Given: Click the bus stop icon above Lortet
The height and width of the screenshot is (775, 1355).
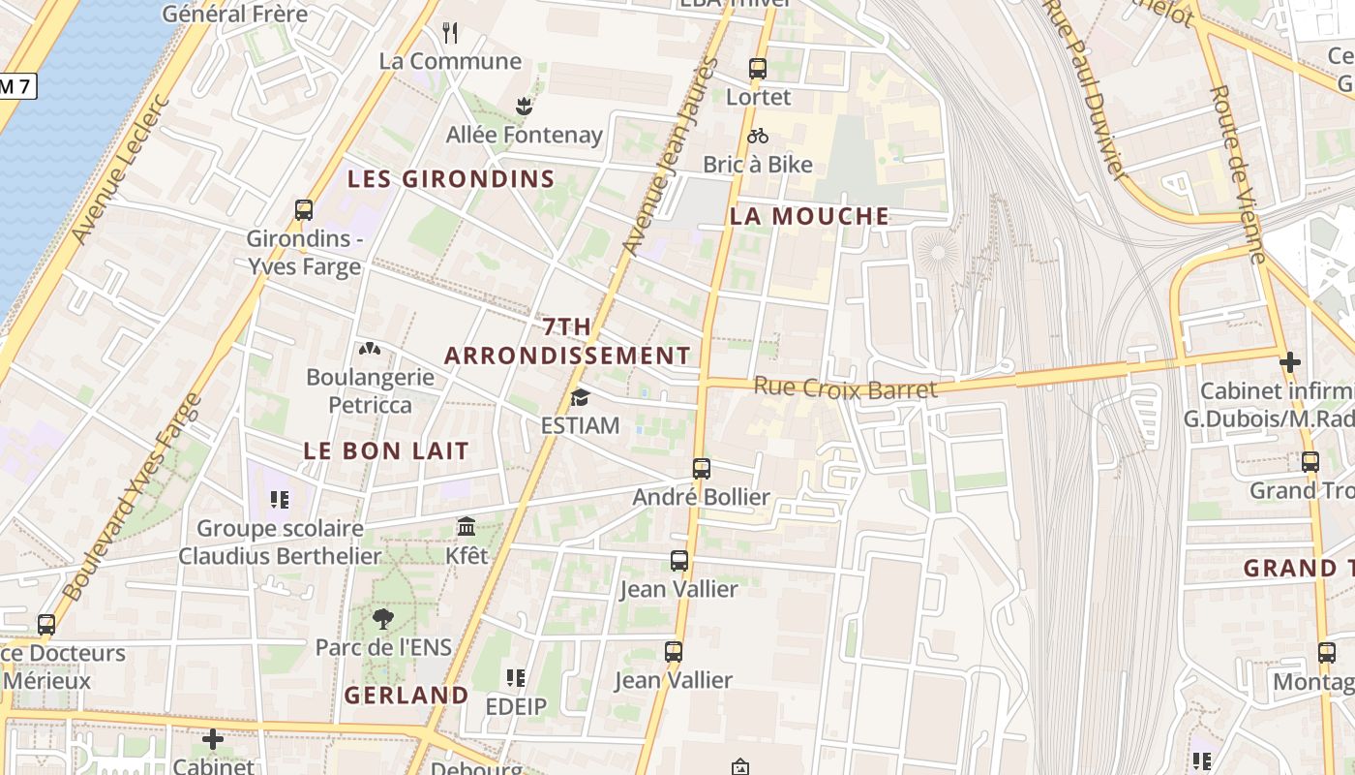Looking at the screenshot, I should pos(757,69).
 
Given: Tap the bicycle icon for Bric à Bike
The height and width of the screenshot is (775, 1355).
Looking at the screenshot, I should pos(757,137).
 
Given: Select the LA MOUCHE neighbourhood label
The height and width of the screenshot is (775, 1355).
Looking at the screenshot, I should pos(809,216).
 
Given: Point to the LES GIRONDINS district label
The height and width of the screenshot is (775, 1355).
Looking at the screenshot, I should pos(451,179).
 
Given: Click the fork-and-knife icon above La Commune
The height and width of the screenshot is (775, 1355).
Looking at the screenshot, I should pos(450,33).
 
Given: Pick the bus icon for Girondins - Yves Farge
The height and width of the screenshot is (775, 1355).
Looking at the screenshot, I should pos(304,210).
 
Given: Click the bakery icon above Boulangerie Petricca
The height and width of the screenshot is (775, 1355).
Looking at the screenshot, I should pos(369,349).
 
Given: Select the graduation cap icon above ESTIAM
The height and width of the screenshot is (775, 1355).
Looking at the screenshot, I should pos(580,397).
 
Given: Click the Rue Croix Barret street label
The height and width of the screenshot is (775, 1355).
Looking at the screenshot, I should pos(845,387).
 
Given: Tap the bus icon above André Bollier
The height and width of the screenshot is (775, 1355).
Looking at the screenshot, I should pos(702,469).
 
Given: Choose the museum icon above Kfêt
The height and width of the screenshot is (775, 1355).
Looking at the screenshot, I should pos(467,527).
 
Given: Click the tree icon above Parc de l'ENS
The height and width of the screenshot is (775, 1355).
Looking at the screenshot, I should pos(383,619).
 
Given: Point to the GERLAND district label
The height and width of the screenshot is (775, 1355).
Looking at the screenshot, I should pos(406,696).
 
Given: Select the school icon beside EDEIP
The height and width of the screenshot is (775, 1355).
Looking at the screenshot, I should pos(516,678).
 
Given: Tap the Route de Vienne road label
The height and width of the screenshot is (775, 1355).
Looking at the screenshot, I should pos(1238,174).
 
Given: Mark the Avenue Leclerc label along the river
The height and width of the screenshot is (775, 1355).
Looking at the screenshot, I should pos(121,170).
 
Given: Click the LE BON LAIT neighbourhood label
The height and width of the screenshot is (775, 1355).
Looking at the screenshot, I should pos(386,450).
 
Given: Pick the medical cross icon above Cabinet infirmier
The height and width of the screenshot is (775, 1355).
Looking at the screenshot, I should pos(1289,362).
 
